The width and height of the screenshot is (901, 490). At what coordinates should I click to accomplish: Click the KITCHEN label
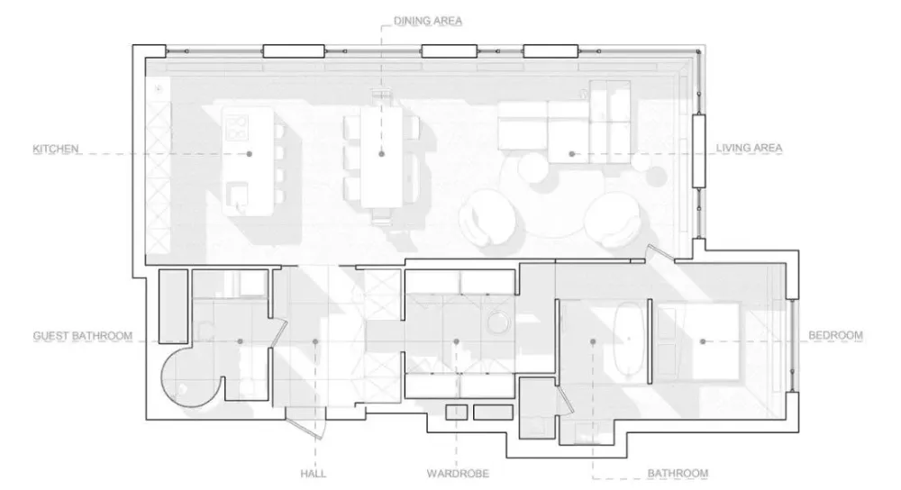[55, 149]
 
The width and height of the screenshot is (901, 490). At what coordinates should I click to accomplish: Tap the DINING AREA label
[428, 22]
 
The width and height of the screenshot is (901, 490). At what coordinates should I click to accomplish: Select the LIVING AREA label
[749, 149]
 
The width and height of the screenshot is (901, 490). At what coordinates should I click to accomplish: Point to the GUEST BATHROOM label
[83, 336]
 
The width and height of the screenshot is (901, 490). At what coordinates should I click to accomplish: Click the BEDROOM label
[835, 335]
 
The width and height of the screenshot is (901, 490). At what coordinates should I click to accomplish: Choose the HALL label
[314, 474]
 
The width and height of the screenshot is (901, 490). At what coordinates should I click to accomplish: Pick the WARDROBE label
[458, 474]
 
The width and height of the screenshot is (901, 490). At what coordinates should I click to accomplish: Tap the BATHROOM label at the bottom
[678, 474]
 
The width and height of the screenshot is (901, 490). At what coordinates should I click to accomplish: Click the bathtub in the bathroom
[628, 340]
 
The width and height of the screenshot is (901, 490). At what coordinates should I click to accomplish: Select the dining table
[381, 158]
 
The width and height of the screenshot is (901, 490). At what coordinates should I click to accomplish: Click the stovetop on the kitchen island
[237, 128]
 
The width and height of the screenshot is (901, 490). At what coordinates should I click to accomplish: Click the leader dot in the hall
[314, 341]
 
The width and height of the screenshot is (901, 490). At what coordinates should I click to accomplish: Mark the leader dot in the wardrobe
[456, 341]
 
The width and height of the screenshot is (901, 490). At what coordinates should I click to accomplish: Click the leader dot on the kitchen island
[250, 154]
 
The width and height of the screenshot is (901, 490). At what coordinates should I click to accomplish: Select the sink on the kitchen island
[237, 195]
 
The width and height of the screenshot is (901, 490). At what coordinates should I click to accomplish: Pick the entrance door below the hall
[307, 422]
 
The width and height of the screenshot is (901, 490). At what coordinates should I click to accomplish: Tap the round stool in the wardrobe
[497, 322]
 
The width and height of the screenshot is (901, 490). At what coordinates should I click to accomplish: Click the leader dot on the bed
[703, 341]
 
